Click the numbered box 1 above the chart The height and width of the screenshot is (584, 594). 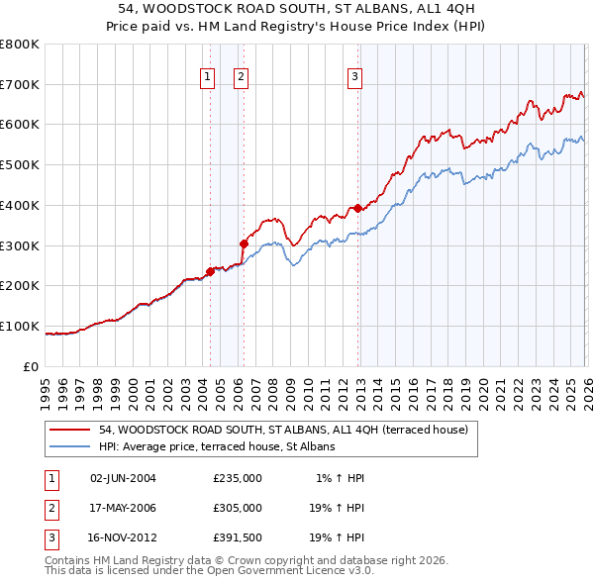(x=208, y=77)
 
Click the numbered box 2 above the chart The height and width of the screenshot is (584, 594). (x=241, y=77)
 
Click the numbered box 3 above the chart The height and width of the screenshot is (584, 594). (x=354, y=77)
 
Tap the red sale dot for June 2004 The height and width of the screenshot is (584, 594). (x=210, y=271)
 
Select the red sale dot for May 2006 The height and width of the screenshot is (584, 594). (x=244, y=243)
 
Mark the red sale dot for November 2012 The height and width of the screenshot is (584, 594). (x=357, y=208)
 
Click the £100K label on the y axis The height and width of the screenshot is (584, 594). (x=20, y=326)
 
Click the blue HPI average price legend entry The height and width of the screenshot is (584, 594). (x=217, y=446)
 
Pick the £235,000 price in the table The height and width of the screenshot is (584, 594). (x=238, y=478)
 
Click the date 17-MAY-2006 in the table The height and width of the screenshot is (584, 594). (x=123, y=508)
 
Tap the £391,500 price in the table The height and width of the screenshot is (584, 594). (x=238, y=538)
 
